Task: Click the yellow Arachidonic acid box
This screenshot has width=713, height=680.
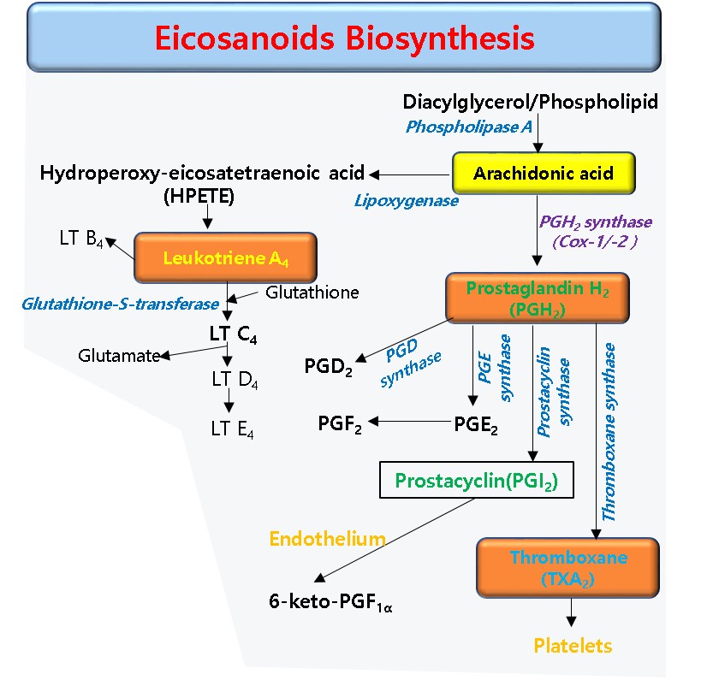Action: pyautogui.click(x=544, y=173)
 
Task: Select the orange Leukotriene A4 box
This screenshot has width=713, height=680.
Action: pyautogui.click(x=226, y=257)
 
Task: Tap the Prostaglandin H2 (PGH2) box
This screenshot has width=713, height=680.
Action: pyautogui.click(x=538, y=298)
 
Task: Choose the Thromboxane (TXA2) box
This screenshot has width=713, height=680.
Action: pyautogui.click(x=568, y=568)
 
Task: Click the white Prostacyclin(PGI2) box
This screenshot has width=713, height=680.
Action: pyautogui.click(x=477, y=480)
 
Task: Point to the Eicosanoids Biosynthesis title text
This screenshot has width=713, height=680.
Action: pyautogui.click(x=344, y=38)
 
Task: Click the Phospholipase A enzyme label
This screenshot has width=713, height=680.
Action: pyautogui.click(x=469, y=127)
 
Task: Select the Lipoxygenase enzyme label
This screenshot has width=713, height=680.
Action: pyautogui.click(x=407, y=201)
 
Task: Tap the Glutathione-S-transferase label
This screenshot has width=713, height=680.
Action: pyautogui.click(x=121, y=304)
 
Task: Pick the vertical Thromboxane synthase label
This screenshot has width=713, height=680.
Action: pyautogui.click(x=609, y=432)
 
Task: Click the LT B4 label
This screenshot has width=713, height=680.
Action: pyautogui.click(x=81, y=239)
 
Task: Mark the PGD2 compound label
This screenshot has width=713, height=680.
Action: pyautogui.click(x=329, y=366)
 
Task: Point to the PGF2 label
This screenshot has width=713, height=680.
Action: pyautogui.click(x=340, y=424)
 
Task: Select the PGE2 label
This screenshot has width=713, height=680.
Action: pyautogui.click(x=476, y=425)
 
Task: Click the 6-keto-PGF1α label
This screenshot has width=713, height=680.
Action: pyautogui.click(x=330, y=602)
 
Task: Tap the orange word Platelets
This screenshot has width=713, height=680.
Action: pyautogui.click(x=573, y=646)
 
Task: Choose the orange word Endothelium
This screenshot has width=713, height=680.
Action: pyautogui.click(x=327, y=539)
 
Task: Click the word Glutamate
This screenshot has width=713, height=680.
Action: pyautogui.click(x=119, y=356)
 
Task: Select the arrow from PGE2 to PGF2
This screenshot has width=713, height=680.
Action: pyautogui.click(x=409, y=422)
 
